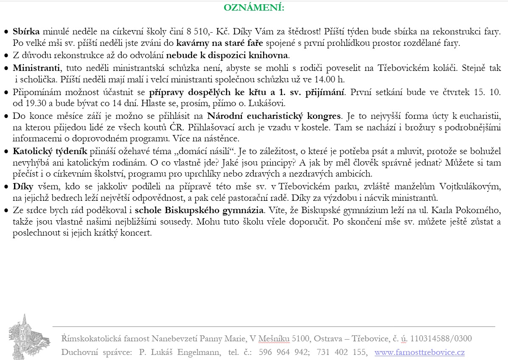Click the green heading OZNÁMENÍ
254,8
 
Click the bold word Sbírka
26,31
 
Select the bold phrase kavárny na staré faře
219,43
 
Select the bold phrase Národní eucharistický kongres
274,115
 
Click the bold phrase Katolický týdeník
50,151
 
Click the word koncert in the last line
138,233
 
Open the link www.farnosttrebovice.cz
419,352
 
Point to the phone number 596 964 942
282,352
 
